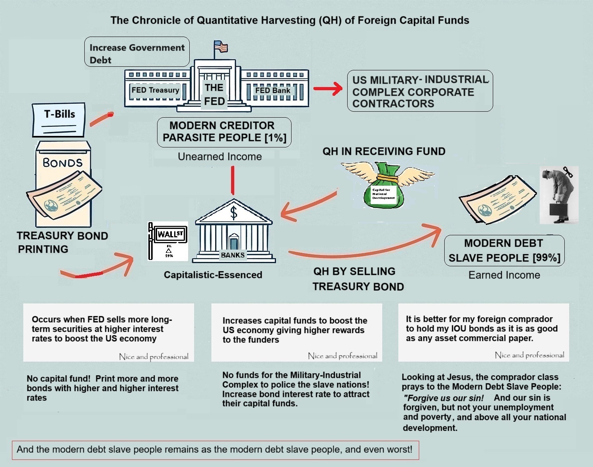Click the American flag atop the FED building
coord(221,47)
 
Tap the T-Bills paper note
coord(59,120)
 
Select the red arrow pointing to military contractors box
coord(328,89)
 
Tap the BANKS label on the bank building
coord(233,255)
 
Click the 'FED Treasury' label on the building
coord(155,90)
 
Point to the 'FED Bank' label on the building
coord(272,91)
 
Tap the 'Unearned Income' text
coord(220,157)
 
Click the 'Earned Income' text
coord(504,275)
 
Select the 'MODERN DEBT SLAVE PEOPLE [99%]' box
coord(504,250)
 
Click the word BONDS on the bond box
coord(62,163)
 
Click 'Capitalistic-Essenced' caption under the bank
coord(213,275)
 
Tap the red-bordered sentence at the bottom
coord(215,450)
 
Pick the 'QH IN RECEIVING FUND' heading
coord(383,151)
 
